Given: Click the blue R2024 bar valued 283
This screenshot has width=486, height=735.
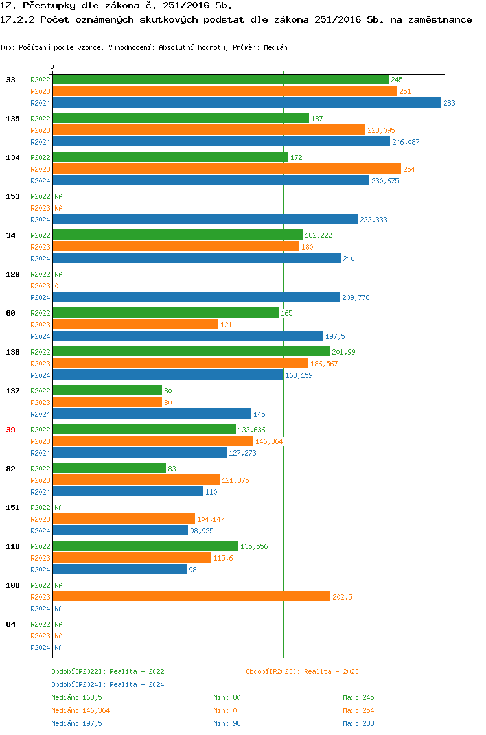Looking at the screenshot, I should tap(246, 103).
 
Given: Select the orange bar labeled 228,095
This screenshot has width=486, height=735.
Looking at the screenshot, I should tap(209, 130).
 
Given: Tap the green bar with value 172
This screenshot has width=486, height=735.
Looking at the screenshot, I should tap(170, 157).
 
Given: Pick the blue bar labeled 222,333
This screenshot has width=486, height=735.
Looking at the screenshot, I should tap(205, 220).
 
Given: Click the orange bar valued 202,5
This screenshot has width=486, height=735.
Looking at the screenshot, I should tap(191, 597).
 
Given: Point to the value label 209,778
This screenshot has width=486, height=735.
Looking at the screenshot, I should tap(355, 297).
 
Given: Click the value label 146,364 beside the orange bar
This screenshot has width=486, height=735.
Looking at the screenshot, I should tap(269, 441).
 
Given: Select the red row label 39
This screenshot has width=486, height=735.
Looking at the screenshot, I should tap(10, 430).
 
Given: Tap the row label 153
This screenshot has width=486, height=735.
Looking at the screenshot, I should tap(12, 196).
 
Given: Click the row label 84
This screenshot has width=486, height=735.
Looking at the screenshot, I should tap(10, 624).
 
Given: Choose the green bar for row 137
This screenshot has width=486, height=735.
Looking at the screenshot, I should tap(107, 391).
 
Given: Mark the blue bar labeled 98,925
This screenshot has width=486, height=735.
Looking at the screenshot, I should tap(120, 531).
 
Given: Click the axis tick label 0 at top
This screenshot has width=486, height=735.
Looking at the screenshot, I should tap(52, 67).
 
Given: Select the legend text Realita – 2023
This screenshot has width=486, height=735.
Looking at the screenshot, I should tap(331, 671).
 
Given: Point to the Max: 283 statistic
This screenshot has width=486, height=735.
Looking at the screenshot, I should tap(358, 723).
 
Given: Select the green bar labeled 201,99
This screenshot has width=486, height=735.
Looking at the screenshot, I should tap(191, 352).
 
